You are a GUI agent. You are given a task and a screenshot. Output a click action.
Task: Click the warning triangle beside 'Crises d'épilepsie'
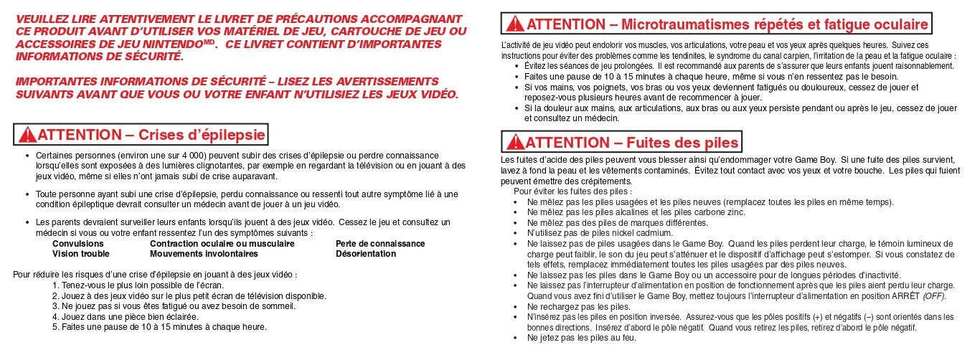coord(28,135)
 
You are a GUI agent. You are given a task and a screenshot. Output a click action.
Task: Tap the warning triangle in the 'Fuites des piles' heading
coord(514,141)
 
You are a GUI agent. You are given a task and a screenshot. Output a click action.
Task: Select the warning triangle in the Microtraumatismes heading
coord(514,25)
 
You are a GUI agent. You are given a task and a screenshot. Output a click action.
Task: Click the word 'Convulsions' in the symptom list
coord(74,244)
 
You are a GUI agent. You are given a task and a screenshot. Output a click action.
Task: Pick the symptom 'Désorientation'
coord(366,254)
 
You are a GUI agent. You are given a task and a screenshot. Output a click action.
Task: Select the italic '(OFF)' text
coord(934,296)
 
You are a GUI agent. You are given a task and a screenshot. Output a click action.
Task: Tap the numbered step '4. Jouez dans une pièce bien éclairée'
coord(126,316)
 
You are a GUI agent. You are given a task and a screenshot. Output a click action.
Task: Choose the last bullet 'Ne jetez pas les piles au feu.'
coord(582,337)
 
